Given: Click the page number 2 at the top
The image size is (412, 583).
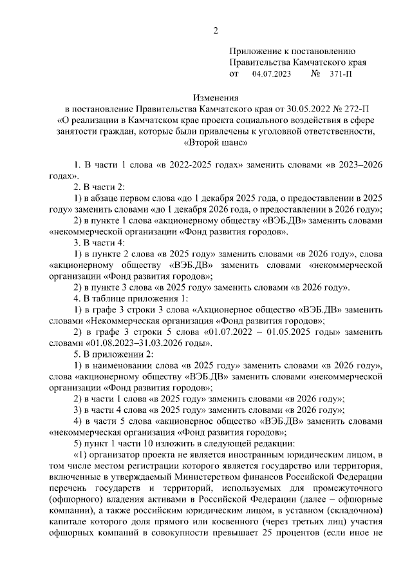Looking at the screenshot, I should tap(216, 30).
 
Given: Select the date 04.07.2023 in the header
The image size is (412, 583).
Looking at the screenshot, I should tap(272, 74).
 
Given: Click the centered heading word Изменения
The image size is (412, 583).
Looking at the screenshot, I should tap(216, 99).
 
